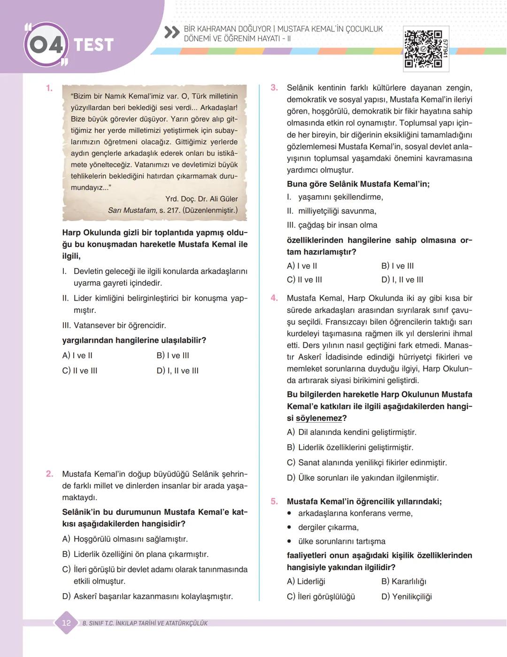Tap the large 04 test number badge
point(46,45)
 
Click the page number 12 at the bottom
point(66,623)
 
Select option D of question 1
point(177,371)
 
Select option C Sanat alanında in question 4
point(367,463)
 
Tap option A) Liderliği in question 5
point(306,581)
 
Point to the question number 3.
point(274,88)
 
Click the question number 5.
point(274,502)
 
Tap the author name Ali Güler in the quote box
point(223,199)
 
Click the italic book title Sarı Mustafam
point(131,210)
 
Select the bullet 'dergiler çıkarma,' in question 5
point(328,527)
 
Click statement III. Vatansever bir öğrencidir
point(114,325)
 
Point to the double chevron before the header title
point(172,33)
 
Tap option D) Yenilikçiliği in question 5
point(407,596)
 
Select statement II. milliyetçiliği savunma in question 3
point(331,211)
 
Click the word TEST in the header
point(94,45)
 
